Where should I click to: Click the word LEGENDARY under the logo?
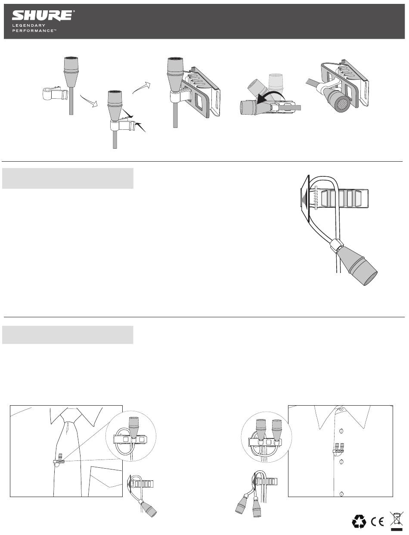tap(29, 25)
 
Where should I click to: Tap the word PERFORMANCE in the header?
tap(33, 31)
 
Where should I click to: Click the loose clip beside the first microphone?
tap(55, 94)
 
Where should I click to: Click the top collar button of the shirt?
tap(342, 409)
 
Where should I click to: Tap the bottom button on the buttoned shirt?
tap(341, 494)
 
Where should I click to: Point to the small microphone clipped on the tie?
tap(61, 456)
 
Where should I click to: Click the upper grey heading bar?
tap(68, 178)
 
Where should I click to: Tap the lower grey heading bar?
tap(68, 335)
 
